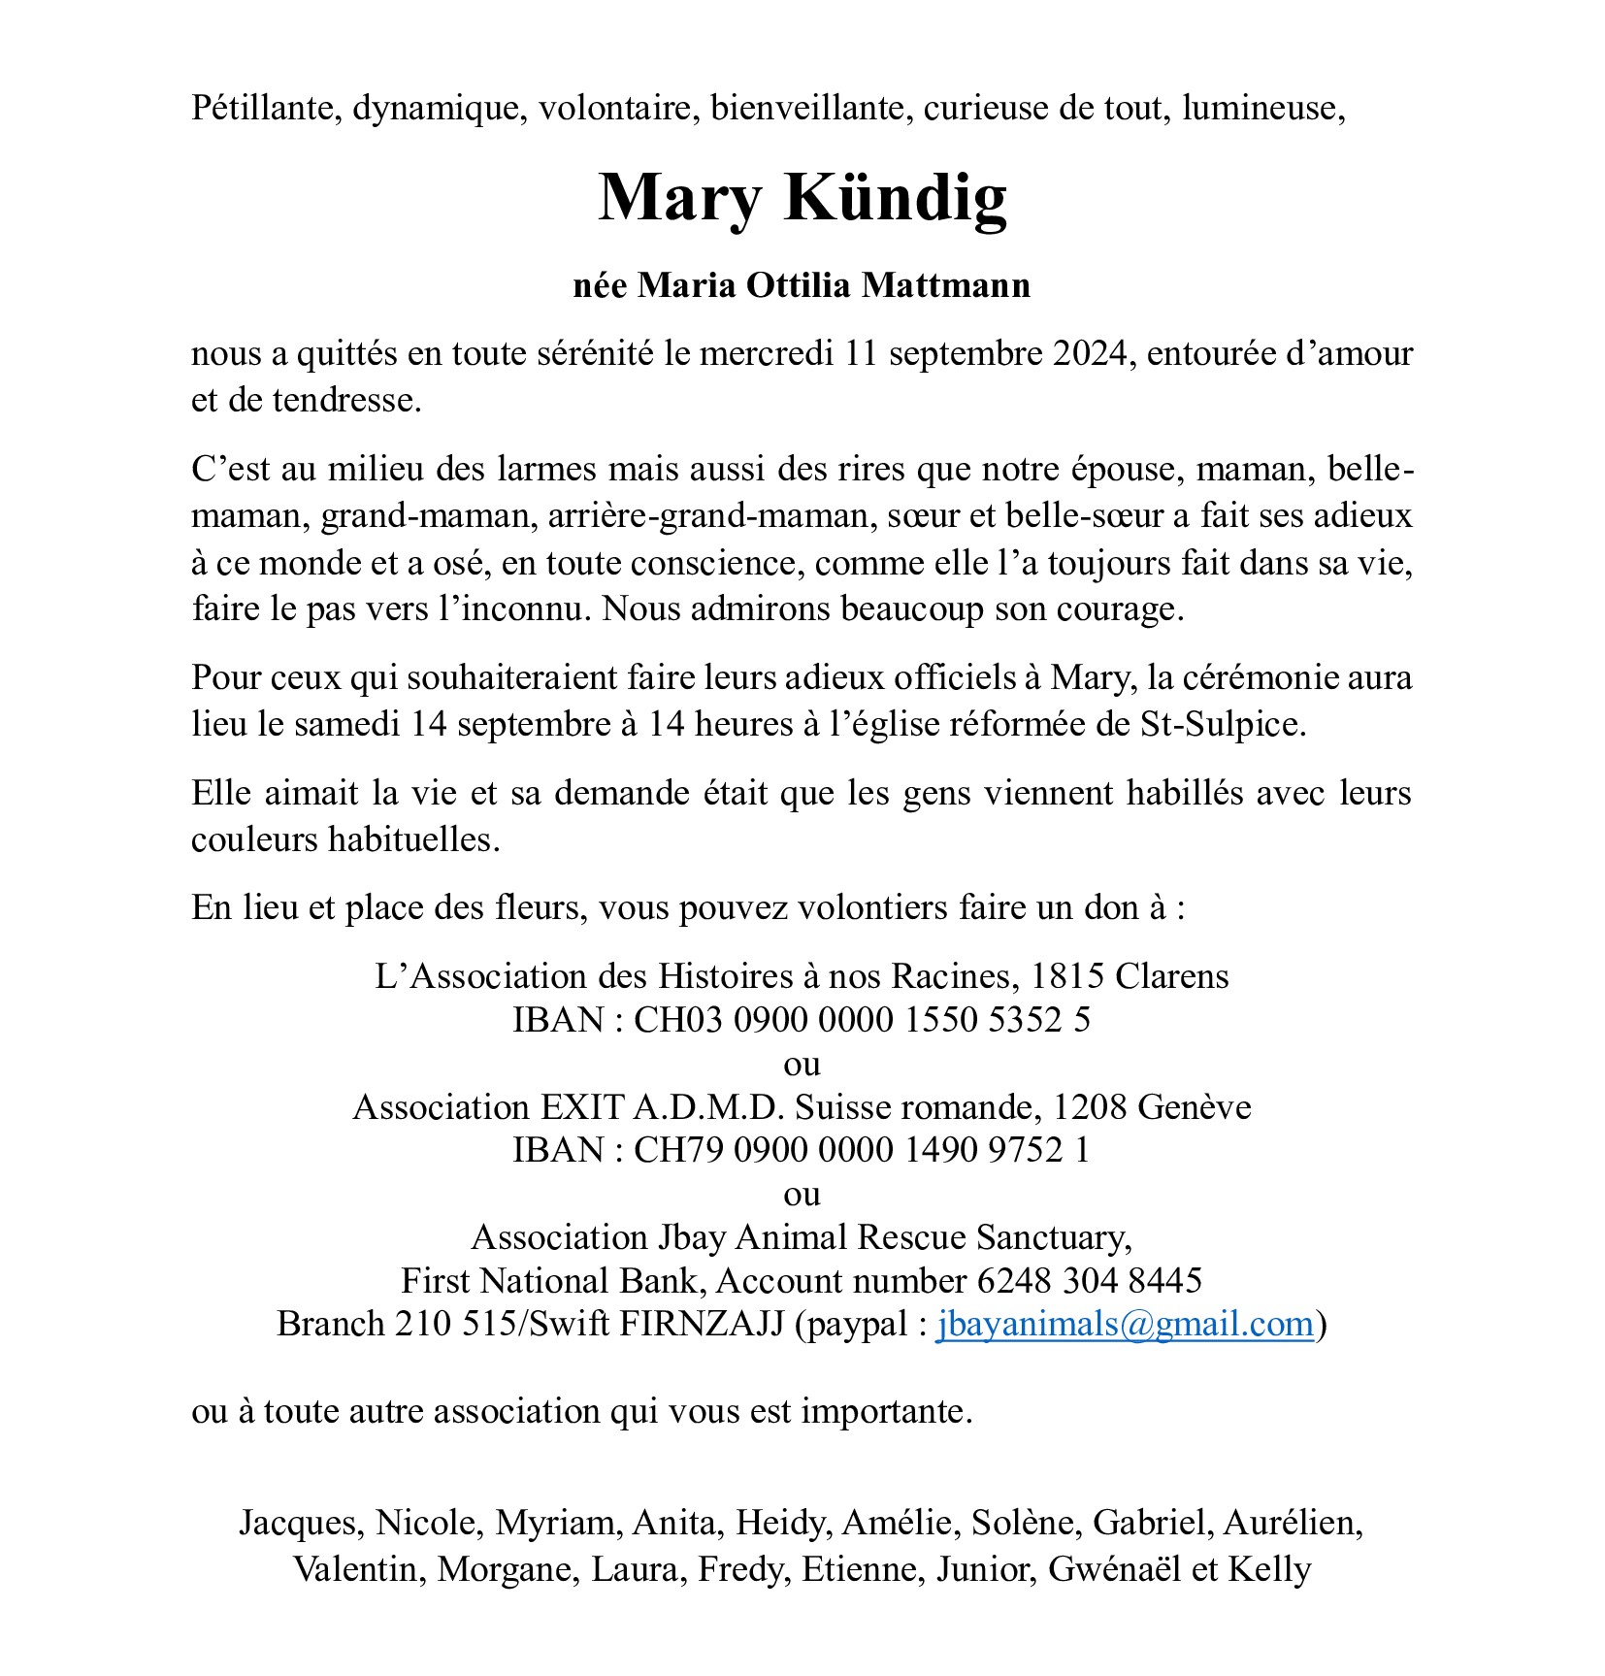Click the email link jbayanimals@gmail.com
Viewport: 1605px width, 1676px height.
point(1125,1325)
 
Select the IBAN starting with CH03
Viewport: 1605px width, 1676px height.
point(863,1020)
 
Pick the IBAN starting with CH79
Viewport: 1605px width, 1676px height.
point(863,1150)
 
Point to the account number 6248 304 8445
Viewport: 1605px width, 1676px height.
point(1090,1281)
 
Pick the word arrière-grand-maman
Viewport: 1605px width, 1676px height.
point(707,515)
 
